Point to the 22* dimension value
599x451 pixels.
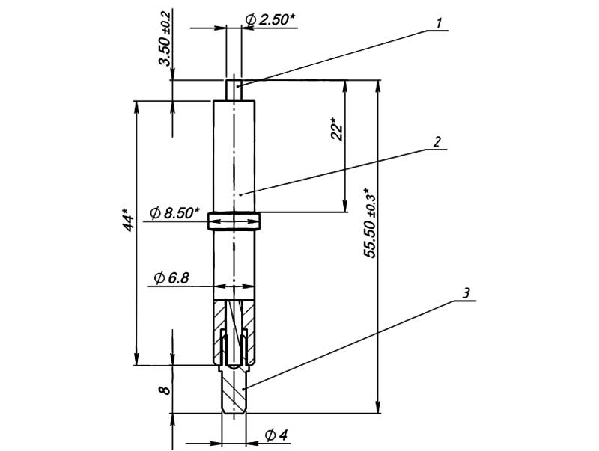tap(338, 129)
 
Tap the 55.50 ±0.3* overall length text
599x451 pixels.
tap(371, 223)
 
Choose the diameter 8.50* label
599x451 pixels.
tap(175, 214)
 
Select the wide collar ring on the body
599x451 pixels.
tap(234, 221)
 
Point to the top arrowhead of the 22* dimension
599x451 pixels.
tap(345, 85)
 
